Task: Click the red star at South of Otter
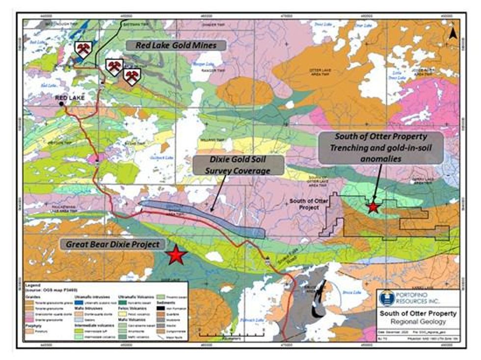374,207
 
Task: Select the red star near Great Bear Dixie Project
176,255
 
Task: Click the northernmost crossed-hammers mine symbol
83,49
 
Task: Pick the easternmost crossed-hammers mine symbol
132,76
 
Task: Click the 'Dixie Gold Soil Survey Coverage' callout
238,166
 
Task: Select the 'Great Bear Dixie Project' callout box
112,244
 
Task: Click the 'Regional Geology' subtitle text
417,322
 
